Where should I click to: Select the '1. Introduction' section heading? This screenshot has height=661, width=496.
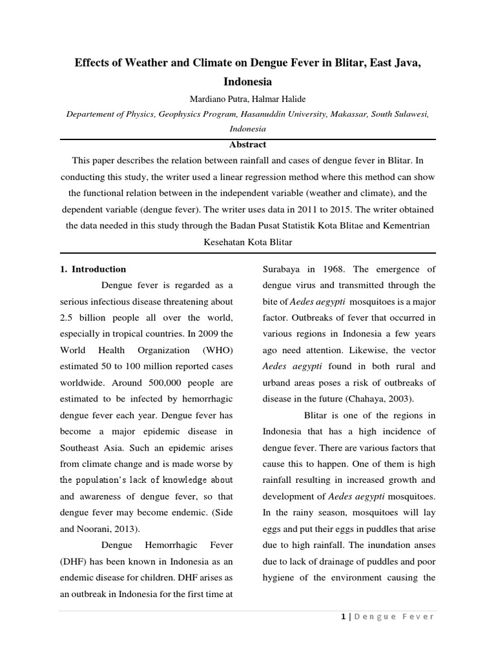pyautogui.click(x=93, y=269)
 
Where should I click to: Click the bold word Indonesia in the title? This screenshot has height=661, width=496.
pyautogui.click(x=247, y=82)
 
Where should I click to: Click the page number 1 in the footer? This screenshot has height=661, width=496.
pyautogui.click(x=343, y=616)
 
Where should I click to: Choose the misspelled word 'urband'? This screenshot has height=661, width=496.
pyautogui.click(x=278, y=382)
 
